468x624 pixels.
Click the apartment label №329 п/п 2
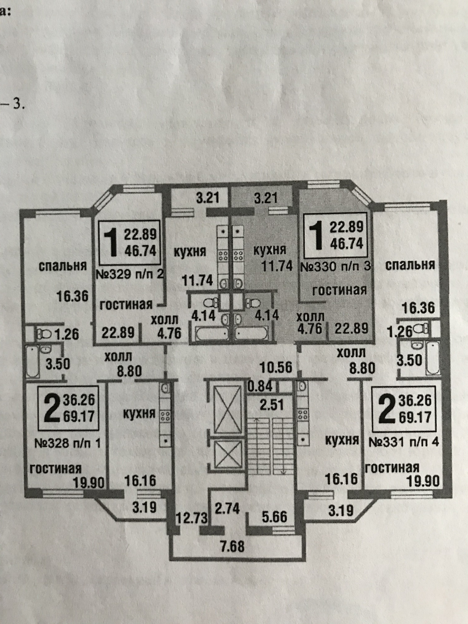coord(130,274)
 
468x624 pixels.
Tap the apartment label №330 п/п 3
coord(335,267)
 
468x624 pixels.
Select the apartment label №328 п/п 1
coord(68,443)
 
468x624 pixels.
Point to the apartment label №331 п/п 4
coord(404,442)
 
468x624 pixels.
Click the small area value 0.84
coord(260,386)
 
